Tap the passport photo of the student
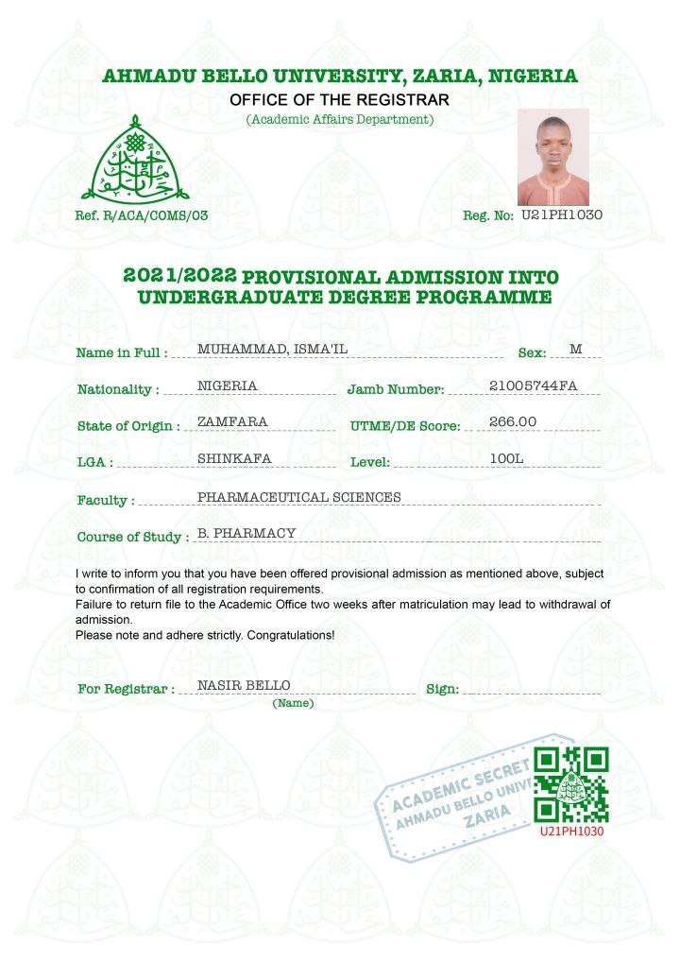(x=553, y=157)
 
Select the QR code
(x=571, y=784)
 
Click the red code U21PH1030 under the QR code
(x=571, y=831)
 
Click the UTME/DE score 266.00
(x=513, y=421)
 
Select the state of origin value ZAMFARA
(x=232, y=421)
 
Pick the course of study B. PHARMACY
(x=246, y=533)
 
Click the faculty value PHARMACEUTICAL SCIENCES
(x=298, y=497)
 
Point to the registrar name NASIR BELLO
(x=243, y=685)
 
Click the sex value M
(x=575, y=350)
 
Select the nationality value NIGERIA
(x=227, y=386)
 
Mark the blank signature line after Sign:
(x=532, y=690)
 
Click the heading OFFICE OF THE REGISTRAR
(x=340, y=100)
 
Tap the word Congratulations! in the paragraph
(x=290, y=635)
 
